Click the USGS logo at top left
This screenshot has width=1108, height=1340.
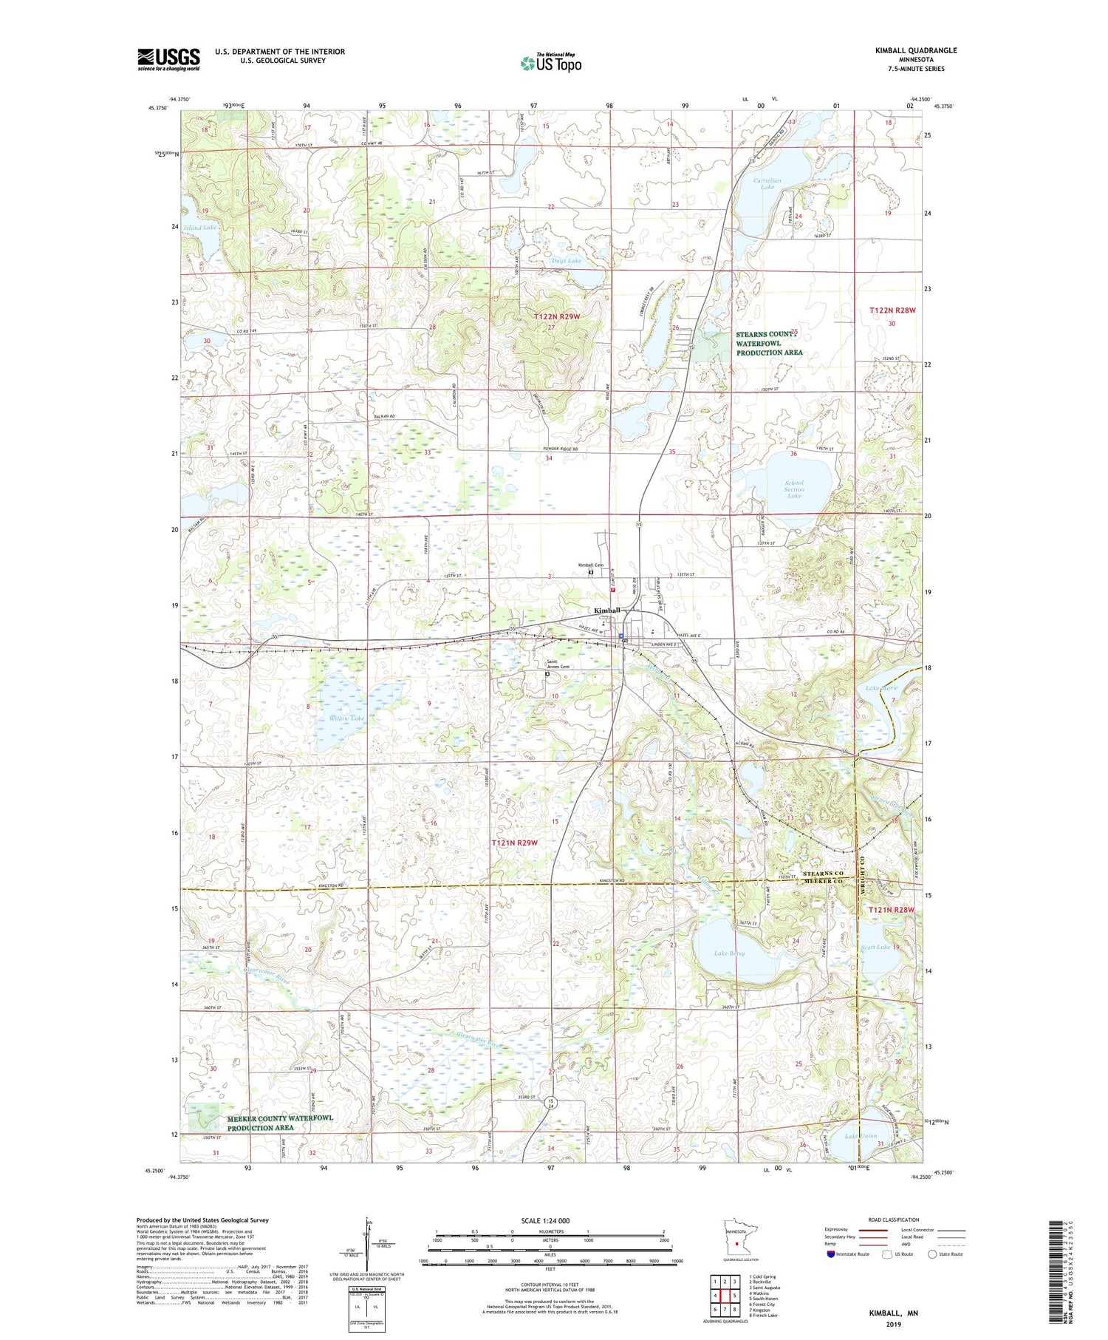pos(168,59)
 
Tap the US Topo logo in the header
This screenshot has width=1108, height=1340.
pos(551,63)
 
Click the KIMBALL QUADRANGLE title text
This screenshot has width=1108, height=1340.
pos(915,50)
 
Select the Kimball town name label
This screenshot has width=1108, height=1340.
pos(607,611)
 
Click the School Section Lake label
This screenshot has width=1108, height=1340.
pos(794,489)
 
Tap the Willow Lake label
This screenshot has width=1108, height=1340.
pos(347,718)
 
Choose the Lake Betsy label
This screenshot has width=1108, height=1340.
pos(729,953)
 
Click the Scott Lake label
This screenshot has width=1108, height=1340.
pos(876,947)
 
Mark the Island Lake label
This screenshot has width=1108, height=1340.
pos(200,228)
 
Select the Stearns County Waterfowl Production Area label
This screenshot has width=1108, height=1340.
pos(769,343)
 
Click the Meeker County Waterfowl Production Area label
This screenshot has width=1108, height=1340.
pos(280,1123)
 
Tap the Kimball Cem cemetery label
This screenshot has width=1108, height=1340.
pos(590,565)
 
